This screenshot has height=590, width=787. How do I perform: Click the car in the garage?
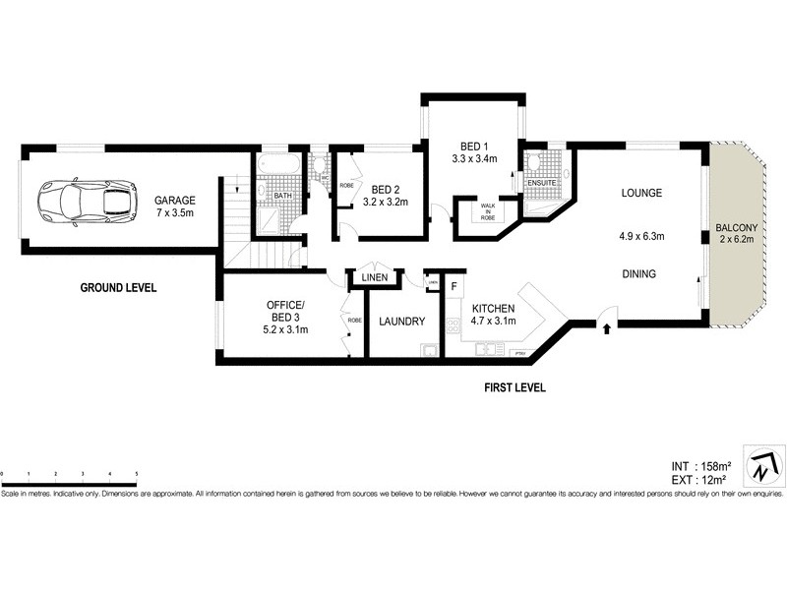pyautogui.click(x=87, y=202)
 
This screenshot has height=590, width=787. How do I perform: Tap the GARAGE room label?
pyautogui.click(x=175, y=201)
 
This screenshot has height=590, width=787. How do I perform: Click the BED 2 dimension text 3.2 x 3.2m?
pyautogui.click(x=387, y=204)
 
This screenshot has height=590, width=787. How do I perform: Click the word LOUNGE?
pyautogui.click(x=641, y=193)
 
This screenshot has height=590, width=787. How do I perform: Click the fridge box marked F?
pyautogui.click(x=454, y=287)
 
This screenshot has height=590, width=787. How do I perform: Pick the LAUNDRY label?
pyautogui.click(x=401, y=322)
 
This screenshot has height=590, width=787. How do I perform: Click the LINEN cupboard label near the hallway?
pyautogui.click(x=375, y=279)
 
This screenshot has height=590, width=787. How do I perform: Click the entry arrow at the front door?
pyautogui.click(x=606, y=328)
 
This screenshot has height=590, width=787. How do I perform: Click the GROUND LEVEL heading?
pyautogui.click(x=119, y=288)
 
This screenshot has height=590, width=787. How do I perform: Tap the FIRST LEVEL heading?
pyautogui.click(x=515, y=387)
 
